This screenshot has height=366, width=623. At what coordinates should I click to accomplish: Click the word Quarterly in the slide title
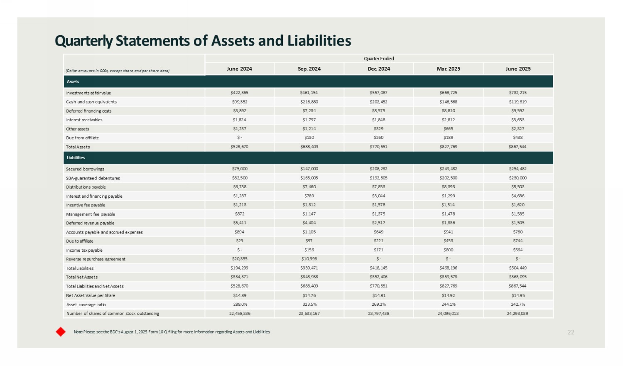pos(84,41)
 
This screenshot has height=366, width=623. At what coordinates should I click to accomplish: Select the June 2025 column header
pos(518,69)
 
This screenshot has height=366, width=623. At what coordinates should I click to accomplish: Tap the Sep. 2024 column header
pos(309,69)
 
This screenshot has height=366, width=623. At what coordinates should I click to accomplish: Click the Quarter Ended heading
pos(379,59)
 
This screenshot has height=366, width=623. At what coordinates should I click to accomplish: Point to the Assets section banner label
pos(73,81)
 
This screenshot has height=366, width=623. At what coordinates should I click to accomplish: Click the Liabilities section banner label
pos(76,157)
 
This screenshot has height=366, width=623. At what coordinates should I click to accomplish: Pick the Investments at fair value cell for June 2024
pos(239,93)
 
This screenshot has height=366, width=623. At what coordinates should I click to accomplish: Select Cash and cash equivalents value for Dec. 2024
pos(378,102)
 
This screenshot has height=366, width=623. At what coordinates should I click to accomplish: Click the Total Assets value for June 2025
pos(518,147)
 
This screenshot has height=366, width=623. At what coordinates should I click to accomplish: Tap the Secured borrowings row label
pos(85,169)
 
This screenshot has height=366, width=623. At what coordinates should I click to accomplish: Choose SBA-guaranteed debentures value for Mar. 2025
pos(448,178)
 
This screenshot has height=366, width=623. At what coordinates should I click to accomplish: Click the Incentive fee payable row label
pos(86,205)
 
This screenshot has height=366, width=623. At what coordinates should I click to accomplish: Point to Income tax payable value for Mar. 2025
pos(448,250)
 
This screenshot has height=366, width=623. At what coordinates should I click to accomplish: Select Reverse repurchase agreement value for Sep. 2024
pos(309,259)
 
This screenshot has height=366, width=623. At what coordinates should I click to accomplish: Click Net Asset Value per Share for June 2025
pos(518,295)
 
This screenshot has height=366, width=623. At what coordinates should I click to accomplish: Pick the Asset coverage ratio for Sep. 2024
pos(309,304)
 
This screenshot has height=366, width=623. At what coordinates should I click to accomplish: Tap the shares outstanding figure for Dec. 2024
pos(378,313)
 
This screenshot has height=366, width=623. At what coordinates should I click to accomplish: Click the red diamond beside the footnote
pos(61,332)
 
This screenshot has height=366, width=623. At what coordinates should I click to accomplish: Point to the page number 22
pos(571,332)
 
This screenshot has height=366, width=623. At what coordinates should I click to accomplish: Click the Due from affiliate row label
pos(82,138)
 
